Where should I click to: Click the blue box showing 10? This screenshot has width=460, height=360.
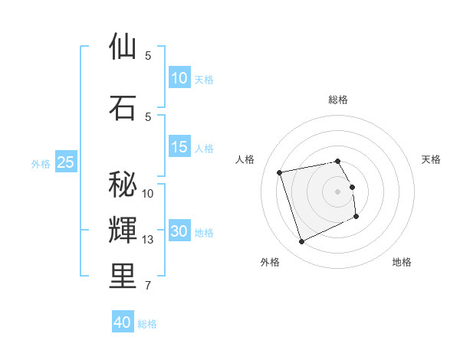179,78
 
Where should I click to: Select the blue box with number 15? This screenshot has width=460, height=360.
179,147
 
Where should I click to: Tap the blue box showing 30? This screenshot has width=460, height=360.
179,232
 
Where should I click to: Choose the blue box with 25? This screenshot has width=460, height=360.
65,162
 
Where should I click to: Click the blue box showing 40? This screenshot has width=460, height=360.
122,322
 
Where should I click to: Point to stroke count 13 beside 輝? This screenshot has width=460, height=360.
148,241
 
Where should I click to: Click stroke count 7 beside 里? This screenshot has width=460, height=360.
148,286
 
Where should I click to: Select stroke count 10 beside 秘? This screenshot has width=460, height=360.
148,193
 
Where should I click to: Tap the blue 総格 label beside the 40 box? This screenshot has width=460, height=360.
147,324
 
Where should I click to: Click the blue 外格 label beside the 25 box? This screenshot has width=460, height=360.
41,163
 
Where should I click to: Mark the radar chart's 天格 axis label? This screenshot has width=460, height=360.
431,159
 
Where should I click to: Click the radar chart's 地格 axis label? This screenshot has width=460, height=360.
402,262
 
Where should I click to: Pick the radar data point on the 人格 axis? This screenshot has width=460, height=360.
280,172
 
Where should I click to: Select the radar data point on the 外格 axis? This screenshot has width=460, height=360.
301,242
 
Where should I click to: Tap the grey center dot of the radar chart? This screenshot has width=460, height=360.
338,191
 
